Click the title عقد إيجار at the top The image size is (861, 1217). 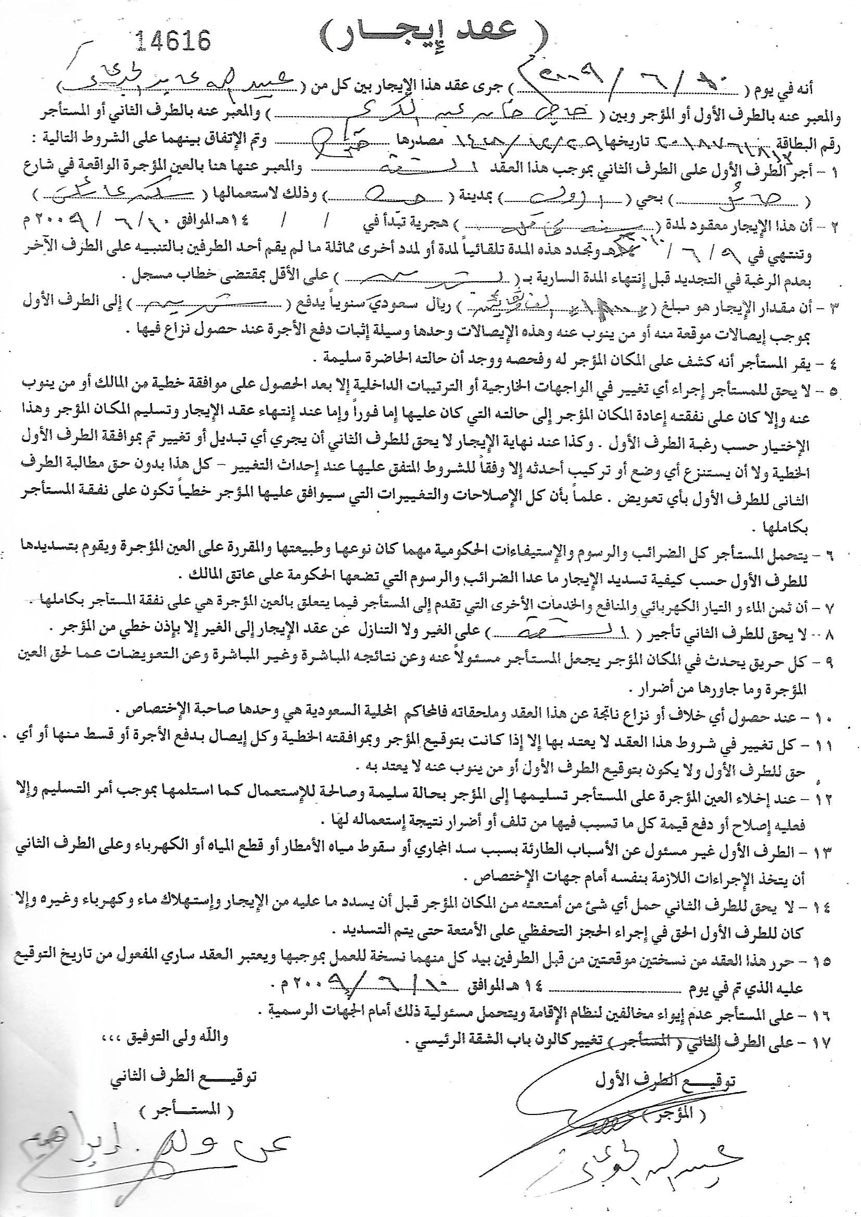pos(430,35)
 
